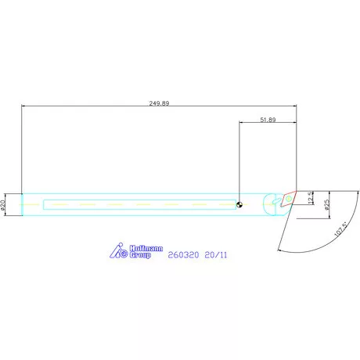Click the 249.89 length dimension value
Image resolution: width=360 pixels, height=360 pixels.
159,103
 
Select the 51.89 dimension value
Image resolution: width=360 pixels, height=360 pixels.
267,120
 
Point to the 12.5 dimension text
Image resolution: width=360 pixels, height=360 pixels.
311,200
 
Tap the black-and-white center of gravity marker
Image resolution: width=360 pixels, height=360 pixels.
239,206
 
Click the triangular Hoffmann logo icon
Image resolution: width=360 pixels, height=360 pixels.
117,251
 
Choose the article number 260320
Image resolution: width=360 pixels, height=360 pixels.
184,254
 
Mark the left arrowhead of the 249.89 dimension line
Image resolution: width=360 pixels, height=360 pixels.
24,106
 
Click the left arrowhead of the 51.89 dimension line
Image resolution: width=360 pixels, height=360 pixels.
241,124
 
